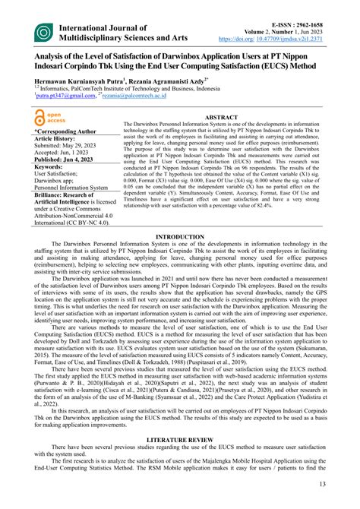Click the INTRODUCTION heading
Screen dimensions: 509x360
[x=180, y=237]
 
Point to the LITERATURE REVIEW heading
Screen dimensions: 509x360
[x=180, y=440]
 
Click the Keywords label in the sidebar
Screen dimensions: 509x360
[x=51, y=167]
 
